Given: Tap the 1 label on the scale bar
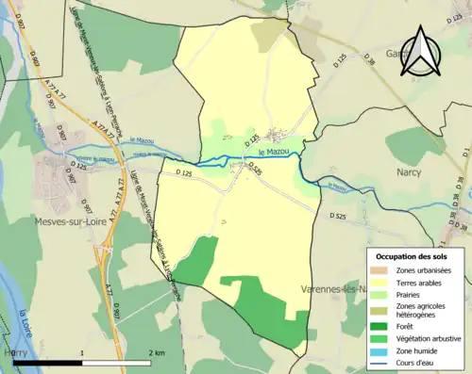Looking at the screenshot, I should point(83,352).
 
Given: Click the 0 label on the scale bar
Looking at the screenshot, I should point(14,352).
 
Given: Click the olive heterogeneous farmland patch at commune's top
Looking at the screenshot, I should point(272,34).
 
